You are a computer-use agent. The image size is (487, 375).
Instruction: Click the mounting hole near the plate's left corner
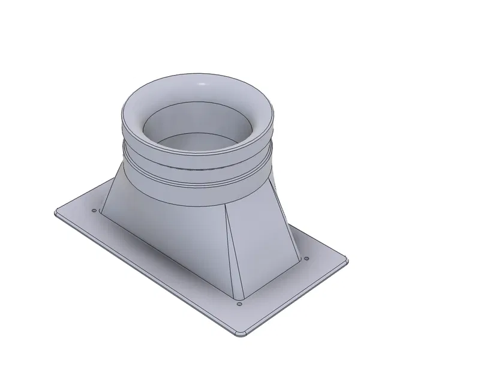94,211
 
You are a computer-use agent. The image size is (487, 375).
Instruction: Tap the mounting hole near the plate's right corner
306,259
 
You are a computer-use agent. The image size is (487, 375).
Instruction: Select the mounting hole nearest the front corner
239,304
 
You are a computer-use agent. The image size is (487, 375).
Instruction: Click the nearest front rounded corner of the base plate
239,334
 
